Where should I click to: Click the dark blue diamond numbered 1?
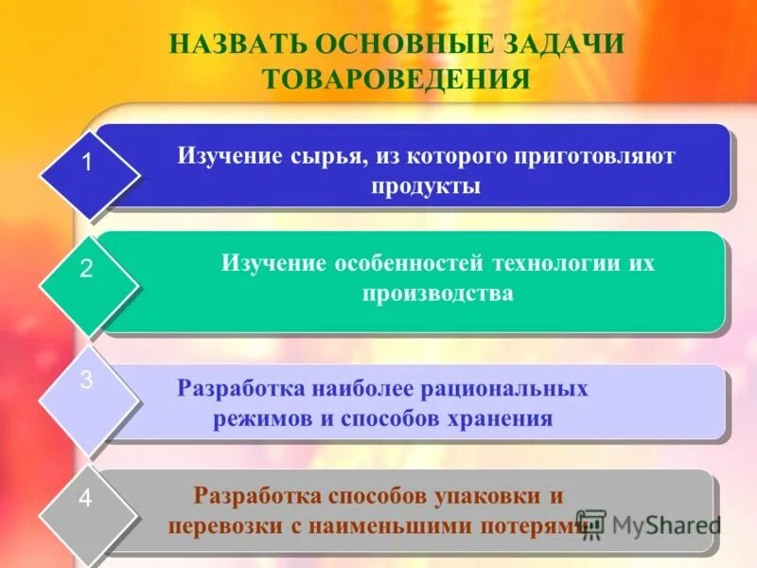[87, 163]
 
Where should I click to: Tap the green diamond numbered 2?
[87, 270]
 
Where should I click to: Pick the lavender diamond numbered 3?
[87, 382]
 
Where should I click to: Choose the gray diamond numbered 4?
[86, 499]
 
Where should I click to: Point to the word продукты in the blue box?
[426, 186]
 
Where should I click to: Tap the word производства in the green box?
[437, 293]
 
